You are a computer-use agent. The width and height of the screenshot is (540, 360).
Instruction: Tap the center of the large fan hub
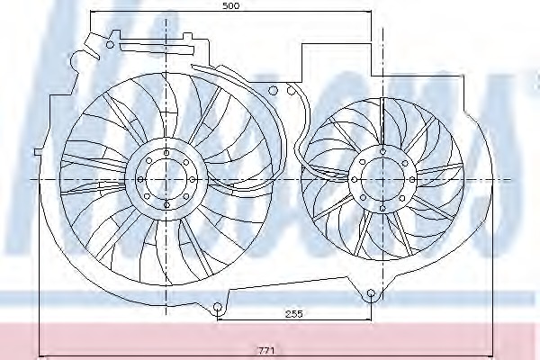165,178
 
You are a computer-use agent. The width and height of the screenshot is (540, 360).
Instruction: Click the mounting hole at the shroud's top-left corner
111,43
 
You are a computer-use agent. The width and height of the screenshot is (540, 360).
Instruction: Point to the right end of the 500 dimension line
372,13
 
